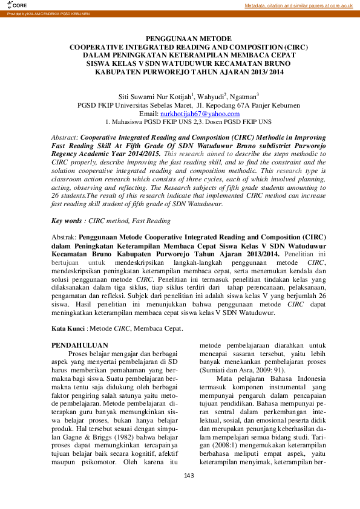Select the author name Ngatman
[x=243, y=96]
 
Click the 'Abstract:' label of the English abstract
[x=65, y=138]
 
